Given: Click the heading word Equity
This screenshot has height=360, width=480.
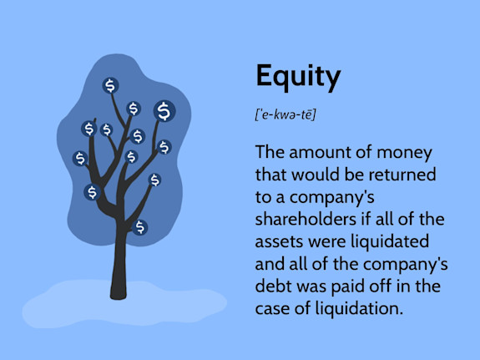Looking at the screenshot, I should (298, 77).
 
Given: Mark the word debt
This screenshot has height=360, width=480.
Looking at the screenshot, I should (275, 286).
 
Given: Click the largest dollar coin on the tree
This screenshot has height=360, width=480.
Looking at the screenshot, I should (164, 110).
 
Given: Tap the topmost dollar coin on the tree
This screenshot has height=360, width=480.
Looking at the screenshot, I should (110, 85).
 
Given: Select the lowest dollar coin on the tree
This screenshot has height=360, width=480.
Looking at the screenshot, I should (140, 226).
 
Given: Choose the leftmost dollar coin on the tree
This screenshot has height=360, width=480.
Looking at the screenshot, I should (80, 158).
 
